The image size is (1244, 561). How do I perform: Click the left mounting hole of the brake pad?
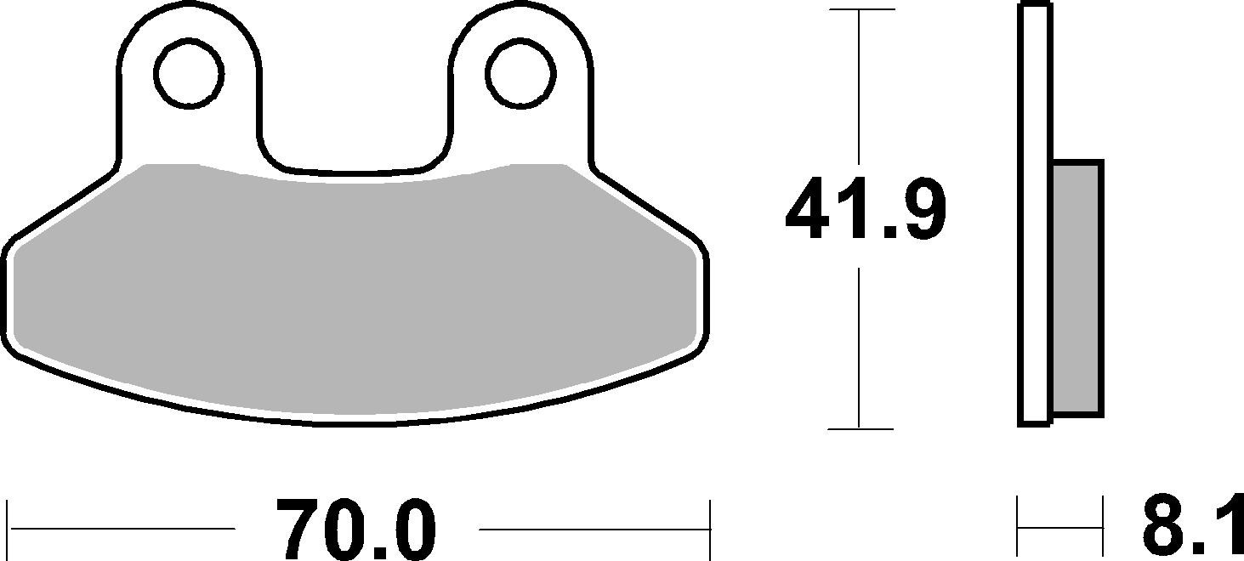[189, 73]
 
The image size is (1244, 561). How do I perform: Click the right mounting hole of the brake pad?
[520, 73]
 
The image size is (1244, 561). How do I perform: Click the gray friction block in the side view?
[1077, 289]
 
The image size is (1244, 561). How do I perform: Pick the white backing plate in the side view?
[1035, 212]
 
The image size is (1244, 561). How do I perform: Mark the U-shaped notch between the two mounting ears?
[355, 127]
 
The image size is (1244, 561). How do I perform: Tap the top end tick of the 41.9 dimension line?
[861, 9]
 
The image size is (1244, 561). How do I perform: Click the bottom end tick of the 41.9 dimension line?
[861, 428]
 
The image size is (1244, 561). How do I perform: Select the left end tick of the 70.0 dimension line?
[8, 528]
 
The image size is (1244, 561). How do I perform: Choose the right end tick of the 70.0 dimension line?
[709, 528]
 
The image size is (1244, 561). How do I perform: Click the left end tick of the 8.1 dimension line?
[1019, 528]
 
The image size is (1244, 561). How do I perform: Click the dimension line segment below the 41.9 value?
[861, 348]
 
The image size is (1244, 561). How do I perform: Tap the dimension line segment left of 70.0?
[119, 528]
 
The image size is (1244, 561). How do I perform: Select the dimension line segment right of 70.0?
[595, 528]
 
